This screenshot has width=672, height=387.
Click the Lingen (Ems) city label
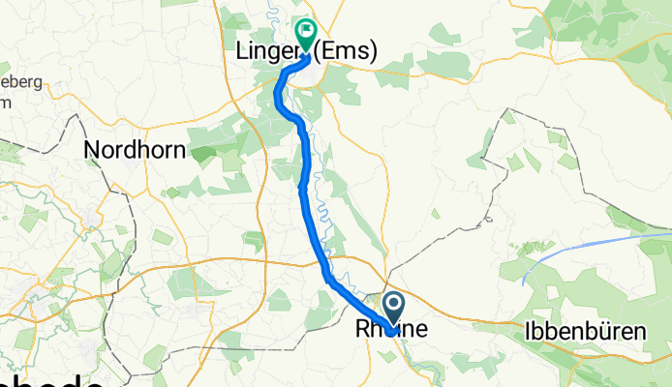(x=305, y=51)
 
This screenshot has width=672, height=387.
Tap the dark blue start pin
(x=395, y=311)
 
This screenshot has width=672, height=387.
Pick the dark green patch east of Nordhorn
(x=204, y=153)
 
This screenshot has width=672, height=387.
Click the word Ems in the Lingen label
(x=349, y=51)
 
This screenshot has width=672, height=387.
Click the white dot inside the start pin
(x=395, y=307)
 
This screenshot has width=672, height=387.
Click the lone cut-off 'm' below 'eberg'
(x=6, y=101)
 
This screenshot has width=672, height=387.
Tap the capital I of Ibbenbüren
(x=528, y=331)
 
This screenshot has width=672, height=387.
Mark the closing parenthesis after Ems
(x=373, y=51)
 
